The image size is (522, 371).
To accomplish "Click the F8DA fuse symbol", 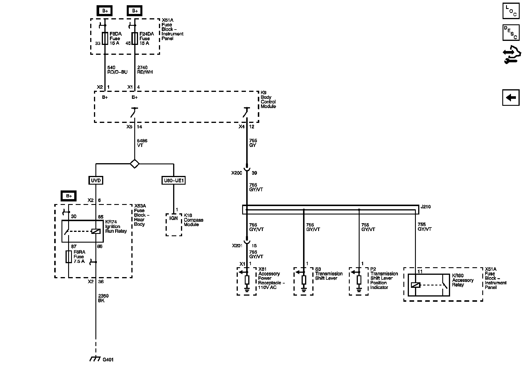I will click(105, 39).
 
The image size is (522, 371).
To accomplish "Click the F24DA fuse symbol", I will click(135, 39).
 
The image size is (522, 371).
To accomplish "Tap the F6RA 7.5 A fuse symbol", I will click(69, 257).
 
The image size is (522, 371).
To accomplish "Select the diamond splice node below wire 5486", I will click(135, 164).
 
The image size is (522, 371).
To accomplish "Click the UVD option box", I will click(96, 181).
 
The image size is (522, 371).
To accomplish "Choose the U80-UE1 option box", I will click(173, 181).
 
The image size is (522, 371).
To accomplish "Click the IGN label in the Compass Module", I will click(173, 218).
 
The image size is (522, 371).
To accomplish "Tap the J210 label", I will click(425, 207).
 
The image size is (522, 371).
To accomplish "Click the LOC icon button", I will click(511, 11).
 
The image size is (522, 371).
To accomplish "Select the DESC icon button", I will click(511, 32).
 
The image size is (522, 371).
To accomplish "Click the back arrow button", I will click(511, 98).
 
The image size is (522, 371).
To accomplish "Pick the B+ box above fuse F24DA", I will click(135, 11).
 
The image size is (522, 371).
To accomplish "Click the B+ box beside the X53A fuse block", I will click(69, 196).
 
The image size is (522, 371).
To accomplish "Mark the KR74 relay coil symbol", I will click(96, 231).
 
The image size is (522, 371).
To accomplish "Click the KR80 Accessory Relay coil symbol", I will click(416, 285).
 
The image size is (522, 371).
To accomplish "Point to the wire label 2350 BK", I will click(103, 298).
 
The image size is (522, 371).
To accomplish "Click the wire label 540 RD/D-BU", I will click(117, 70).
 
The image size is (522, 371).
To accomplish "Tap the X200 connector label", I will click(237, 173).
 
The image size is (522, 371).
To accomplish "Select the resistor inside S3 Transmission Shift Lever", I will click(304, 280).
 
